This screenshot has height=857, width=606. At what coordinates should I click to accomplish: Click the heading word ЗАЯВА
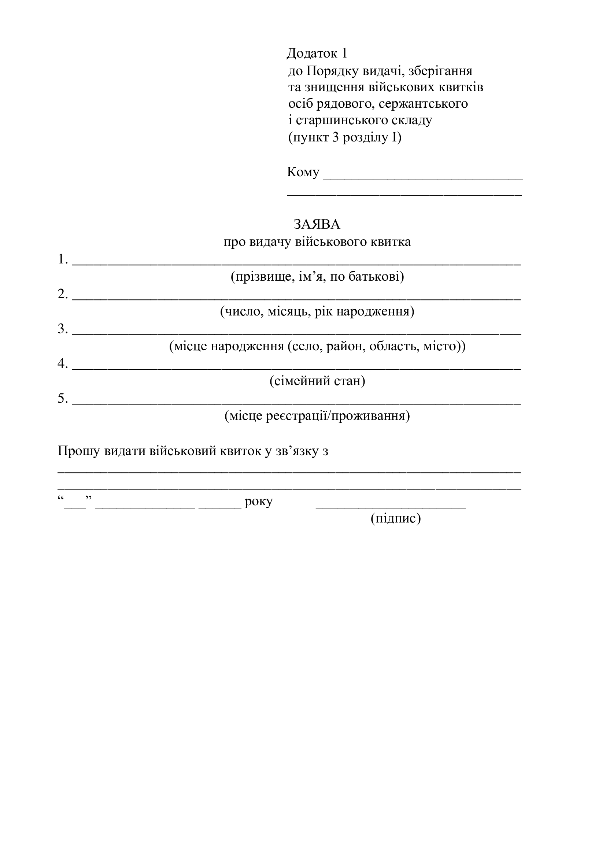click(x=317, y=224)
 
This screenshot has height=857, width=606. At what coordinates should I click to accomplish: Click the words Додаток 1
click(x=317, y=53)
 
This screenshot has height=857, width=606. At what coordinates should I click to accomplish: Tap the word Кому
click(x=303, y=172)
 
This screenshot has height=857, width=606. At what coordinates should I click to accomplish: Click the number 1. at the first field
click(x=63, y=259)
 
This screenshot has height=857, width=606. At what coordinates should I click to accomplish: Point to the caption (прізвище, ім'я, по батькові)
click(x=317, y=277)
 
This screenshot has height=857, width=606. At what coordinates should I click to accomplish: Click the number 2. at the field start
click(x=63, y=294)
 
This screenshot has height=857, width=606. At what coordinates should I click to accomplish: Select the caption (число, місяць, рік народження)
click(x=317, y=311)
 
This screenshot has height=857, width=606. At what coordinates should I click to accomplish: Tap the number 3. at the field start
click(x=63, y=329)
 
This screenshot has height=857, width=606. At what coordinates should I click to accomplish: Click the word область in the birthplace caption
click(x=391, y=346)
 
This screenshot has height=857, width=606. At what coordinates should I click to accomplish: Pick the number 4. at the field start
click(x=63, y=363)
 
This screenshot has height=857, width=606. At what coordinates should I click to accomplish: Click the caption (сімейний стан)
click(x=317, y=381)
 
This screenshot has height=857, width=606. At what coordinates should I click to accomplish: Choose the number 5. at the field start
click(x=63, y=399)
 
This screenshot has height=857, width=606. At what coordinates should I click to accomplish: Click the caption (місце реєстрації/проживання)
click(x=317, y=416)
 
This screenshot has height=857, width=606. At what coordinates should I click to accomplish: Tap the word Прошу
click(x=79, y=451)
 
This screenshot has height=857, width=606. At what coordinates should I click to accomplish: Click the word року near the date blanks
click(x=259, y=501)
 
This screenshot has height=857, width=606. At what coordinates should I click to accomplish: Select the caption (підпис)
click(x=396, y=518)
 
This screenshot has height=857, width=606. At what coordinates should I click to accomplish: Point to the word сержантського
click(x=423, y=103)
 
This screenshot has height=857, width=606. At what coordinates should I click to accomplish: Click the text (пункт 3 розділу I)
click(x=344, y=138)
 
